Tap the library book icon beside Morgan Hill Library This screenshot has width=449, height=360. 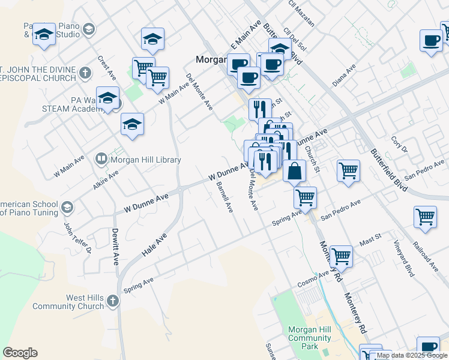(101, 160)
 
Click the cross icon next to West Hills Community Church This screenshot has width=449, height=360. (113, 302)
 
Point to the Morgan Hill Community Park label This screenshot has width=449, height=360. (309, 338)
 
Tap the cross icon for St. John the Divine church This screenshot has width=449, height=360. (85, 73)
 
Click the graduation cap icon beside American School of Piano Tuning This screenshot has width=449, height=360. (67, 208)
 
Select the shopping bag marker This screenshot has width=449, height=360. (294, 171)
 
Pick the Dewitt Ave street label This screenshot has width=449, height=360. (115, 247)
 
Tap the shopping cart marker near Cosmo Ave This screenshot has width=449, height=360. (341, 256)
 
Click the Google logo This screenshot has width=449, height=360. (20, 353)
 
